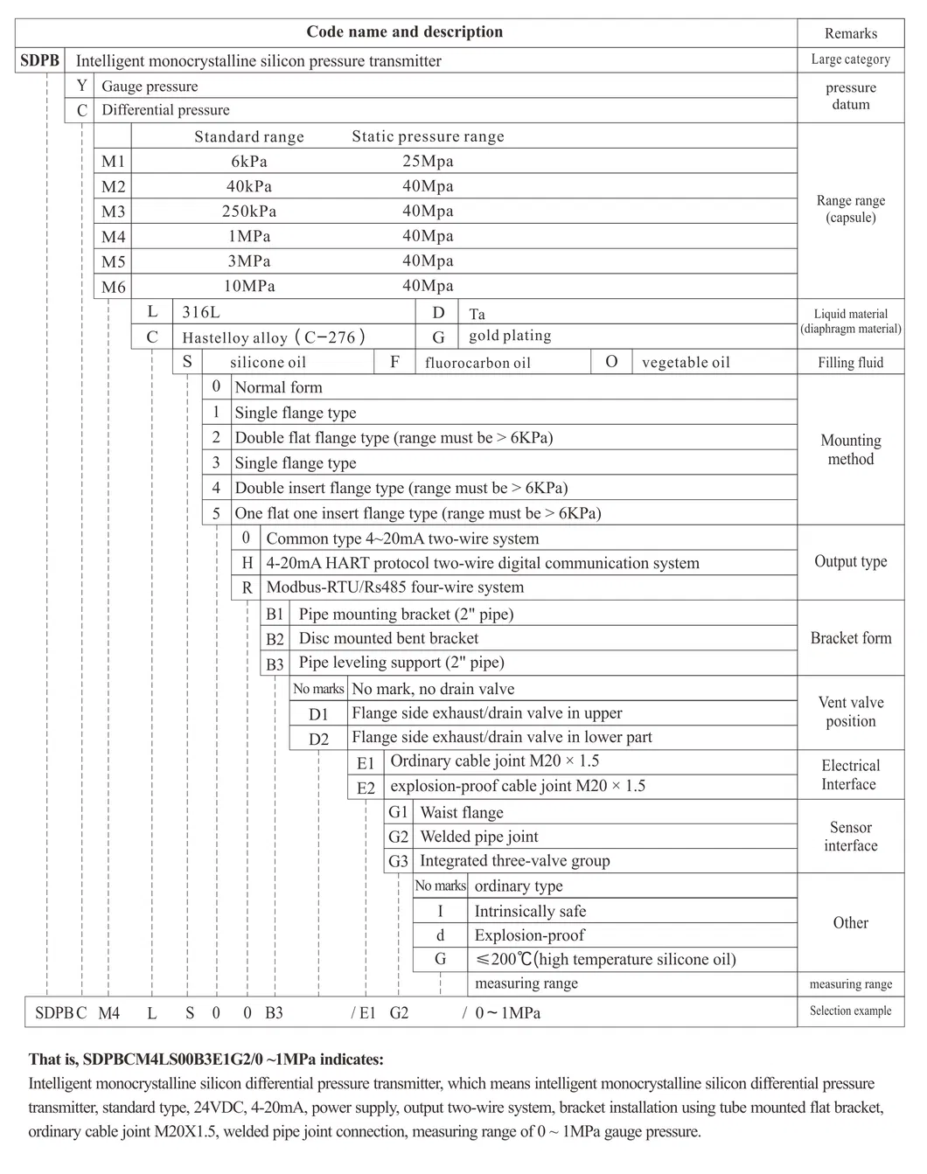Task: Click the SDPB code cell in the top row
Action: click(x=39, y=60)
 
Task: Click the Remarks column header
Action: click(x=850, y=33)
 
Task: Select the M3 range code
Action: click(x=114, y=212)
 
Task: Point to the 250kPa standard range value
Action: click(x=249, y=212)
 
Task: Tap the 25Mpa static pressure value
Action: click(x=428, y=161)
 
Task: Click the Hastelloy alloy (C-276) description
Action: click(x=273, y=337)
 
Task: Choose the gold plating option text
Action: click(x=510, y=336)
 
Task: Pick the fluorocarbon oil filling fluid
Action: click(x=477, y=363)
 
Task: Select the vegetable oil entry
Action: click(x=686, y=363)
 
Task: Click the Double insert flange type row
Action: click(x=401, y=488)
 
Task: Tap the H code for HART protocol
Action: click(x=247, y=563)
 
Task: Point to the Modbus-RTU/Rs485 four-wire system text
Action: click(x=394, y=587)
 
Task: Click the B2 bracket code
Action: click(x=275, y=639)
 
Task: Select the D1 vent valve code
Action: click(x=318, y=714)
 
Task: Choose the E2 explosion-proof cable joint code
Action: click(x=366, y=788)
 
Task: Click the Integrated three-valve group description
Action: click(x=514, y=861)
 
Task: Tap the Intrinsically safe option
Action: click(x=530, y=911)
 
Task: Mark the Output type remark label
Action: click(x=850, y=561)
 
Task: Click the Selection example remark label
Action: click(x=850, y=1011)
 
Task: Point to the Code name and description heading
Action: click(x=404, y=32)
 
